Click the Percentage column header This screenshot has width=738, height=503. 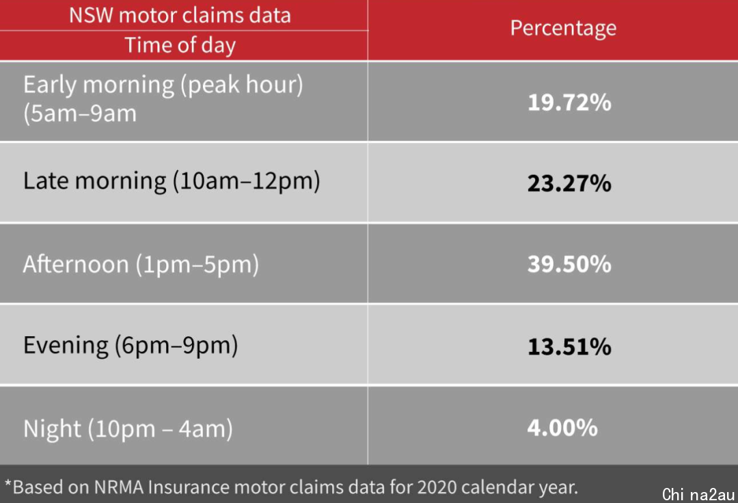tap(563, 29)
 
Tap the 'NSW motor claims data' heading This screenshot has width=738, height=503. tap(180, 15)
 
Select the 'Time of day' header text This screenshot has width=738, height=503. tap(180, 46)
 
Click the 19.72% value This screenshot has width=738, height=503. tap(569, 102)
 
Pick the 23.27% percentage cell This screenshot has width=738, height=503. tap(569, 183)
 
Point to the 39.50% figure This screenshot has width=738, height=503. tap(569, 264)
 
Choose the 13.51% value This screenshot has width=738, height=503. tap(569, 346)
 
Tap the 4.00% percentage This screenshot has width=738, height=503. tap(562, 428)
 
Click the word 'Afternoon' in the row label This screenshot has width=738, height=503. tap(76, 264)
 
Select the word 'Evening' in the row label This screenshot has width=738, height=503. tap(66, 346)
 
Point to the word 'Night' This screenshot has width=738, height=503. tap(52, 429)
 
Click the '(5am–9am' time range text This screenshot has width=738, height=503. tap(80, 114)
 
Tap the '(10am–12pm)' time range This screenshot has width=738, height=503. tap(247, 181)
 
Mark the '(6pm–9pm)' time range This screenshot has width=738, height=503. tap(176, 346)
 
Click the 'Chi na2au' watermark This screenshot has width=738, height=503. tap(698, 495)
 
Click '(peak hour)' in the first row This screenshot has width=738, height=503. tap(242, 85)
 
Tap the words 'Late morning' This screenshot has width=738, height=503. tap(94, 181)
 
